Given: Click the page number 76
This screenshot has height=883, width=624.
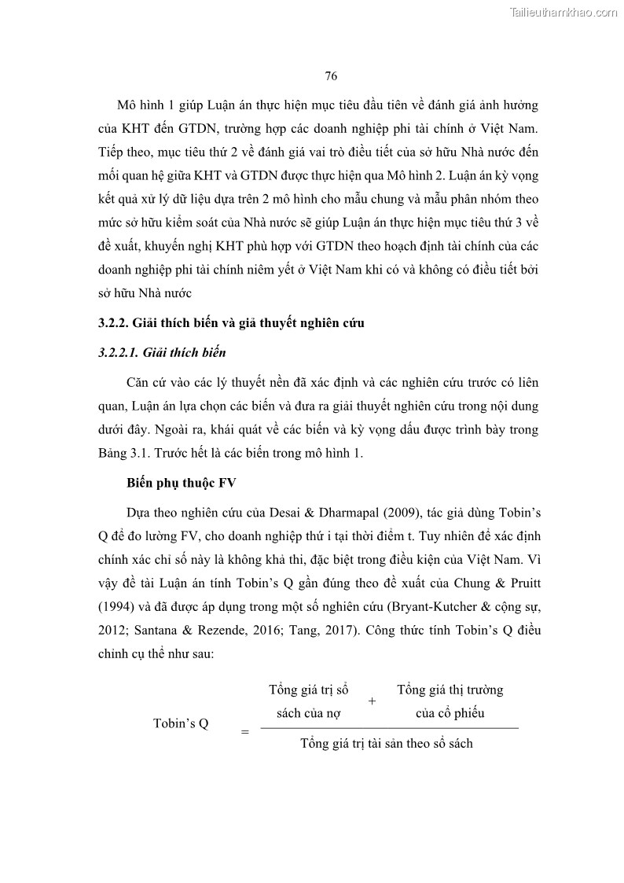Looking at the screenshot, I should pos(330,76).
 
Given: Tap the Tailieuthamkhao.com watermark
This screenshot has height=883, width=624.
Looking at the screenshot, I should pos(564,12).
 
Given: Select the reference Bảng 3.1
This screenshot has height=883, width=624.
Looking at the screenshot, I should pos(122,454).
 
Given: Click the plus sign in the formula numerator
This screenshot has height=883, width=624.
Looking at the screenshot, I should pos(372,701).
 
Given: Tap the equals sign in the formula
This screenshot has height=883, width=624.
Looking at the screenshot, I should pos(244,732).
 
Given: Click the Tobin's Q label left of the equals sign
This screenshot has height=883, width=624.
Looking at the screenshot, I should pos(180,724).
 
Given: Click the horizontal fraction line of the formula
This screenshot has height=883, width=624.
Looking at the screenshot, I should pos(389,728).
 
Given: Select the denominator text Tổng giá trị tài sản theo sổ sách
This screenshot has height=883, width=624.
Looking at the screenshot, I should pos(387,743).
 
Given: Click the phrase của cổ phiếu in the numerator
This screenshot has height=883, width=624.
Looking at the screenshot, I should pos(450,713).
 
